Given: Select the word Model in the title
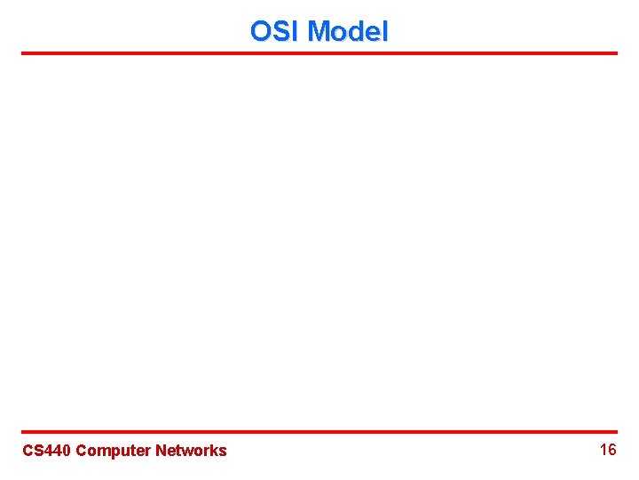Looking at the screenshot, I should [x=348, y=32].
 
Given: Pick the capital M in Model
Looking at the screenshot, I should [x=319, y=32].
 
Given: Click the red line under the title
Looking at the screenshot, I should [x=319, y=53].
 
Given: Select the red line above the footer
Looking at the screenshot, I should [x=319, y=432].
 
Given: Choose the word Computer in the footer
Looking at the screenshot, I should [x=114, y=451].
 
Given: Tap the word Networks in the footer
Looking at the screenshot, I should [x=191, y=451].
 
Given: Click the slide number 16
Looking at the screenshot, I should [x=608, y=450].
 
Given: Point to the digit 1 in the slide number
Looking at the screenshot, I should [x=603, y=450].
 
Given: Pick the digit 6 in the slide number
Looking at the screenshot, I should [x=612, y=450].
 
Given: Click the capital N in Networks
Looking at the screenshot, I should [x=161, y=451].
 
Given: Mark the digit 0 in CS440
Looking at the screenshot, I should [x=67, y=451].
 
